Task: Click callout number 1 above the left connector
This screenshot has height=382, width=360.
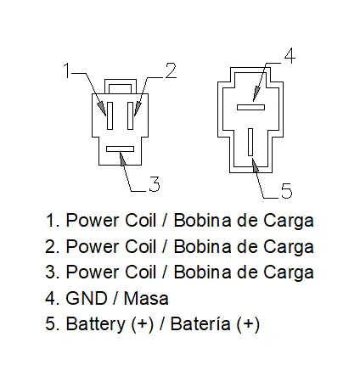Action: pos(67,70)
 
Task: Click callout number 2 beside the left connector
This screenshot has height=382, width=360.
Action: pos(171,70)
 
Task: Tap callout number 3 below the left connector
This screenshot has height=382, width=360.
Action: pos(155,184)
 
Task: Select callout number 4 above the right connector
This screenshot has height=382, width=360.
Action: pos(290,55)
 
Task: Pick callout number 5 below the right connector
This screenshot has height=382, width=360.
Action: pos(286,190)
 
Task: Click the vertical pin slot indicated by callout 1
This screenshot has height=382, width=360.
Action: pos(110,115)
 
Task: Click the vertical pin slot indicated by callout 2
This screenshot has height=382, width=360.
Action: pos(131,115)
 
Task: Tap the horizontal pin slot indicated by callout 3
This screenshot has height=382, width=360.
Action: pos(120,149)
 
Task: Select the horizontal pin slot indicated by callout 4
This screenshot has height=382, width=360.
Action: pos(250,107)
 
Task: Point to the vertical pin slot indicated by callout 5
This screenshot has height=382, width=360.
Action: pos(250,142)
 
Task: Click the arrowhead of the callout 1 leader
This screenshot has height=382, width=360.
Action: pos(102,109)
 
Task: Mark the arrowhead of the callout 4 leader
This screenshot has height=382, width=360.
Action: pos(256,94)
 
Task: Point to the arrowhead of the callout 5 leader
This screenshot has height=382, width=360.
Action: pos(255,166)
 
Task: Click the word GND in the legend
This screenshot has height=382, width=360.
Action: pos(87,298)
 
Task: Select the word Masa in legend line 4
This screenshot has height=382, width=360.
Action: pos(146,298)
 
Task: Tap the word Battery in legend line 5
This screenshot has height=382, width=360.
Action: pos(95,324)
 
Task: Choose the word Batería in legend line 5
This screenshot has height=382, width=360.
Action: pos(200,323)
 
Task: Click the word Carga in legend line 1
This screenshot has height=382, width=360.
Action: pos(289,222)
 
